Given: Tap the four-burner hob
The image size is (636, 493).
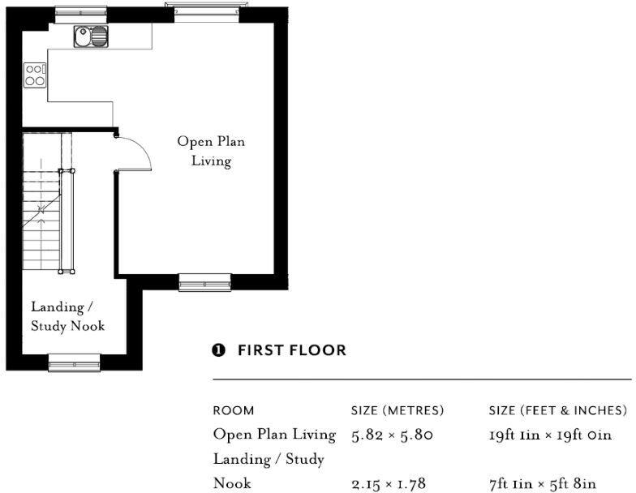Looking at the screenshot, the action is (35, 75).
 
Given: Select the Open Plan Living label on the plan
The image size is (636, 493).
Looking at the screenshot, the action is (211, 151).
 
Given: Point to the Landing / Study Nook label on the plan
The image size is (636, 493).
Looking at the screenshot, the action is (68, 316).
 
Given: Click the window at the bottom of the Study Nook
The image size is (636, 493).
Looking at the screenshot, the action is (75, 363).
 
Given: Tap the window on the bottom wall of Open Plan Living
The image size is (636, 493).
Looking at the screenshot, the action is (204, 282).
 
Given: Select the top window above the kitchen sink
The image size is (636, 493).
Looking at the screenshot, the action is (81, 15).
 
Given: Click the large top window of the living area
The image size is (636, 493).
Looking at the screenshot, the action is (207, 12).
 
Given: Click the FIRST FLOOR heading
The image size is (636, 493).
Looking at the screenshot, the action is (292, 350).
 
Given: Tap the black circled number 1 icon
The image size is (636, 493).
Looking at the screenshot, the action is (218, 350).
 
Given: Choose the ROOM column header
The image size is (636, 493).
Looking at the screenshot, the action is (234, 410).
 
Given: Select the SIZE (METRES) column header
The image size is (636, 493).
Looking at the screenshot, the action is (397, 410).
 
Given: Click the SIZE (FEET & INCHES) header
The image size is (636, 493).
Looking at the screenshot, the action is (558, 410).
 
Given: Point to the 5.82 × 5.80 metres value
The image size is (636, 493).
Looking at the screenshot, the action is (393, 435).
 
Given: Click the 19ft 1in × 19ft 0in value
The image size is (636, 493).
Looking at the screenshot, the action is (550, 435).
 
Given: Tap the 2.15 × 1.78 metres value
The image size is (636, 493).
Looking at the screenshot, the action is (389, 483).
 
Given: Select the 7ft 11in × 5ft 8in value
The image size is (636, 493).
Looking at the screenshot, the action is (543, 483).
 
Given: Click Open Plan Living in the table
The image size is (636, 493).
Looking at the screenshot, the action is (274, 435).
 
